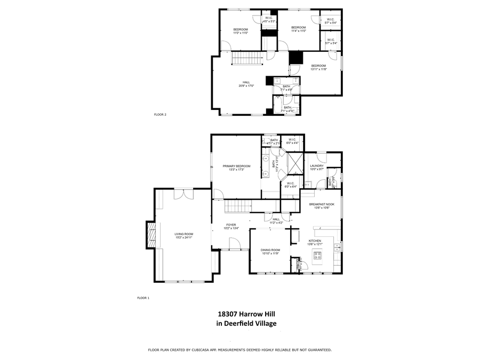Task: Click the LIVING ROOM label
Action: pyautogui.click(x=184, y=234)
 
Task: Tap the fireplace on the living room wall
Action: pyautogui.click(x=151, y=235)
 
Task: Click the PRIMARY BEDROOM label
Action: pyautogui.click(x=236, y=166)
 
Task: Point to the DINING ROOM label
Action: pyautogui.click(x=270, y=250)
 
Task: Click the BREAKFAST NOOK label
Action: pyautogui.click(x=322, y=204)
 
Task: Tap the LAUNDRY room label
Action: pyautogui.click(x=317, y=166)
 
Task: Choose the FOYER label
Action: pyautogui.click(x=231, y=225)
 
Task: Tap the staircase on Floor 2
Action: pyautogui.click(x=247, y=58)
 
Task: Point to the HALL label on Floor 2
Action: pyautogui.click(x=246, y=82)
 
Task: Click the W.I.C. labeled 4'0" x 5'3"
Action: pyautogui.click(x=269, y=21)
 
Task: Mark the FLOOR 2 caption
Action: pyautogui.click(x=160, y=115)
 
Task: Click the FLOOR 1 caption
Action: pyautogui.click(x=143, y=298)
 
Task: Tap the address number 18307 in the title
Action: pyautogui.click(x=228, y=315)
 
